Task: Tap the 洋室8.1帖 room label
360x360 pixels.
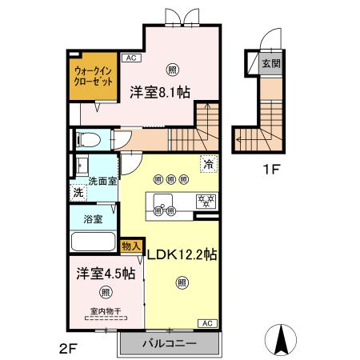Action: coord(159,91)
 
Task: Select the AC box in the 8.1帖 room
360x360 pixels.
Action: coord(130,58)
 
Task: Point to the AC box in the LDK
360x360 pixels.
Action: coord(206,322)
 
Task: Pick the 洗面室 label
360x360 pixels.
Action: coord(102,181)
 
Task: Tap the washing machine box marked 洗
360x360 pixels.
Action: coord(78,192)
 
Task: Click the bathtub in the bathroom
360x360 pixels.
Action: coord(93,241)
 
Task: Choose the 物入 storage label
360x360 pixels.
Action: coord(130,247)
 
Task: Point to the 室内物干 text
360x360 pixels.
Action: coord(104,312)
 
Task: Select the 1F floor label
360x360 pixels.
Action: coord(274,169)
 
